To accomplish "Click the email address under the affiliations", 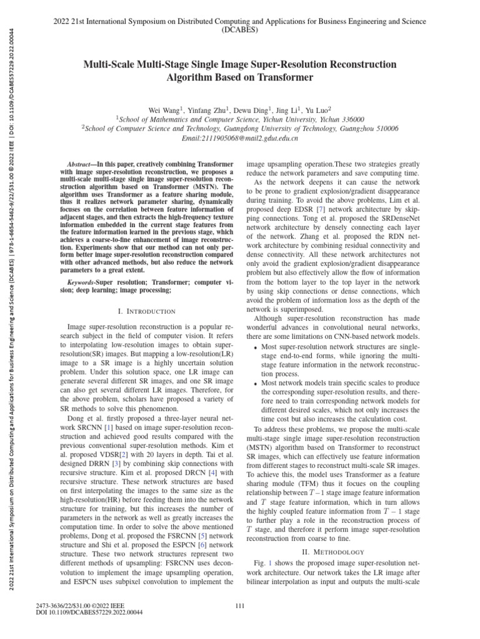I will point(239,138).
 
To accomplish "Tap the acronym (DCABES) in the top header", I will point(239,29).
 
